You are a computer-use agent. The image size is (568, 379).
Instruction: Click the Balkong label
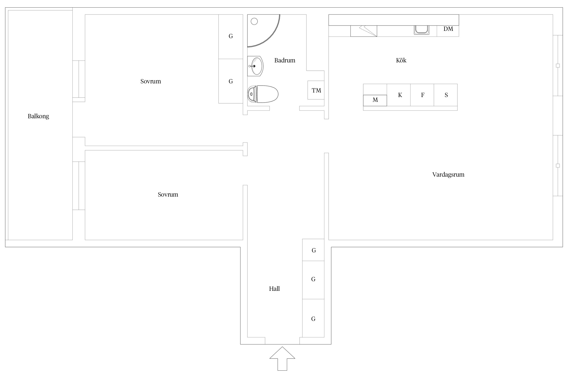(x=38, y=116)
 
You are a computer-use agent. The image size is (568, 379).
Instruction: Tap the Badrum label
(x=285, y=60)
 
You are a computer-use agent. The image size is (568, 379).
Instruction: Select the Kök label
(x=401, y=60)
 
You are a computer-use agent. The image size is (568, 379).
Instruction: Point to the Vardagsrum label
(x=448, y=175)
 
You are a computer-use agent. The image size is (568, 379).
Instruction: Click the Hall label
(x=274, y=289)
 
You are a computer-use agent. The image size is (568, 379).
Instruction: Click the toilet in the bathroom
(x=263, y=94)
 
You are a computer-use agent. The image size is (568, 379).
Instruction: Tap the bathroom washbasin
(x=255, y=66)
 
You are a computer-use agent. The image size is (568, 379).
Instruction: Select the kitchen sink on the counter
(x=422, y=30)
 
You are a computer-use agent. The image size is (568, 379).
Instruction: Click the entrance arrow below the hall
(x=282, y=359)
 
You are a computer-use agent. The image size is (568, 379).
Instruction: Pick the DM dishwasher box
(x=448, y=31)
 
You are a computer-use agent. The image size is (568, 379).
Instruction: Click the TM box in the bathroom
(x=316, y=90)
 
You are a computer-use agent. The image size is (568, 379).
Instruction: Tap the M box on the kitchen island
(x=375, y=100)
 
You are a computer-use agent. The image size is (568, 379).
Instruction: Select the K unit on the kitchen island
(x=399, y=95)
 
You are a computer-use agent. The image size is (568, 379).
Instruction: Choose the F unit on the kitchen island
(x=422, y=95)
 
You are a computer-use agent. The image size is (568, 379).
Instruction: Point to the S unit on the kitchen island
(x=446, y=95)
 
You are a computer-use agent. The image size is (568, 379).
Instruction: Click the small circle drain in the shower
(x=254, y=21)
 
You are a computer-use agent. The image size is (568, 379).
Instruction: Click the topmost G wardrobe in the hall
(x=313, y=250)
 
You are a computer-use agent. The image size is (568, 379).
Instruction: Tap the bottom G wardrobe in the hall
(x=313, y=318)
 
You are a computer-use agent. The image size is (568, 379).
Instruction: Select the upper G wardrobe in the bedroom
(x=231, y=37)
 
